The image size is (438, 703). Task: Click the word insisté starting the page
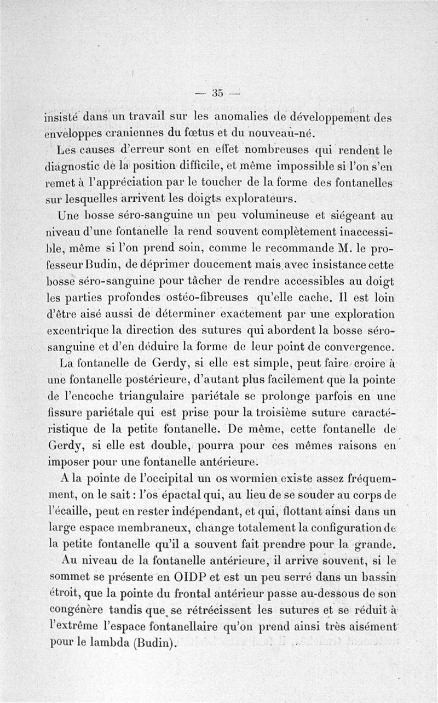(x=62, y=117)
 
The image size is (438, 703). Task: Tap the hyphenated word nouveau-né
(x=281, y=133)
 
